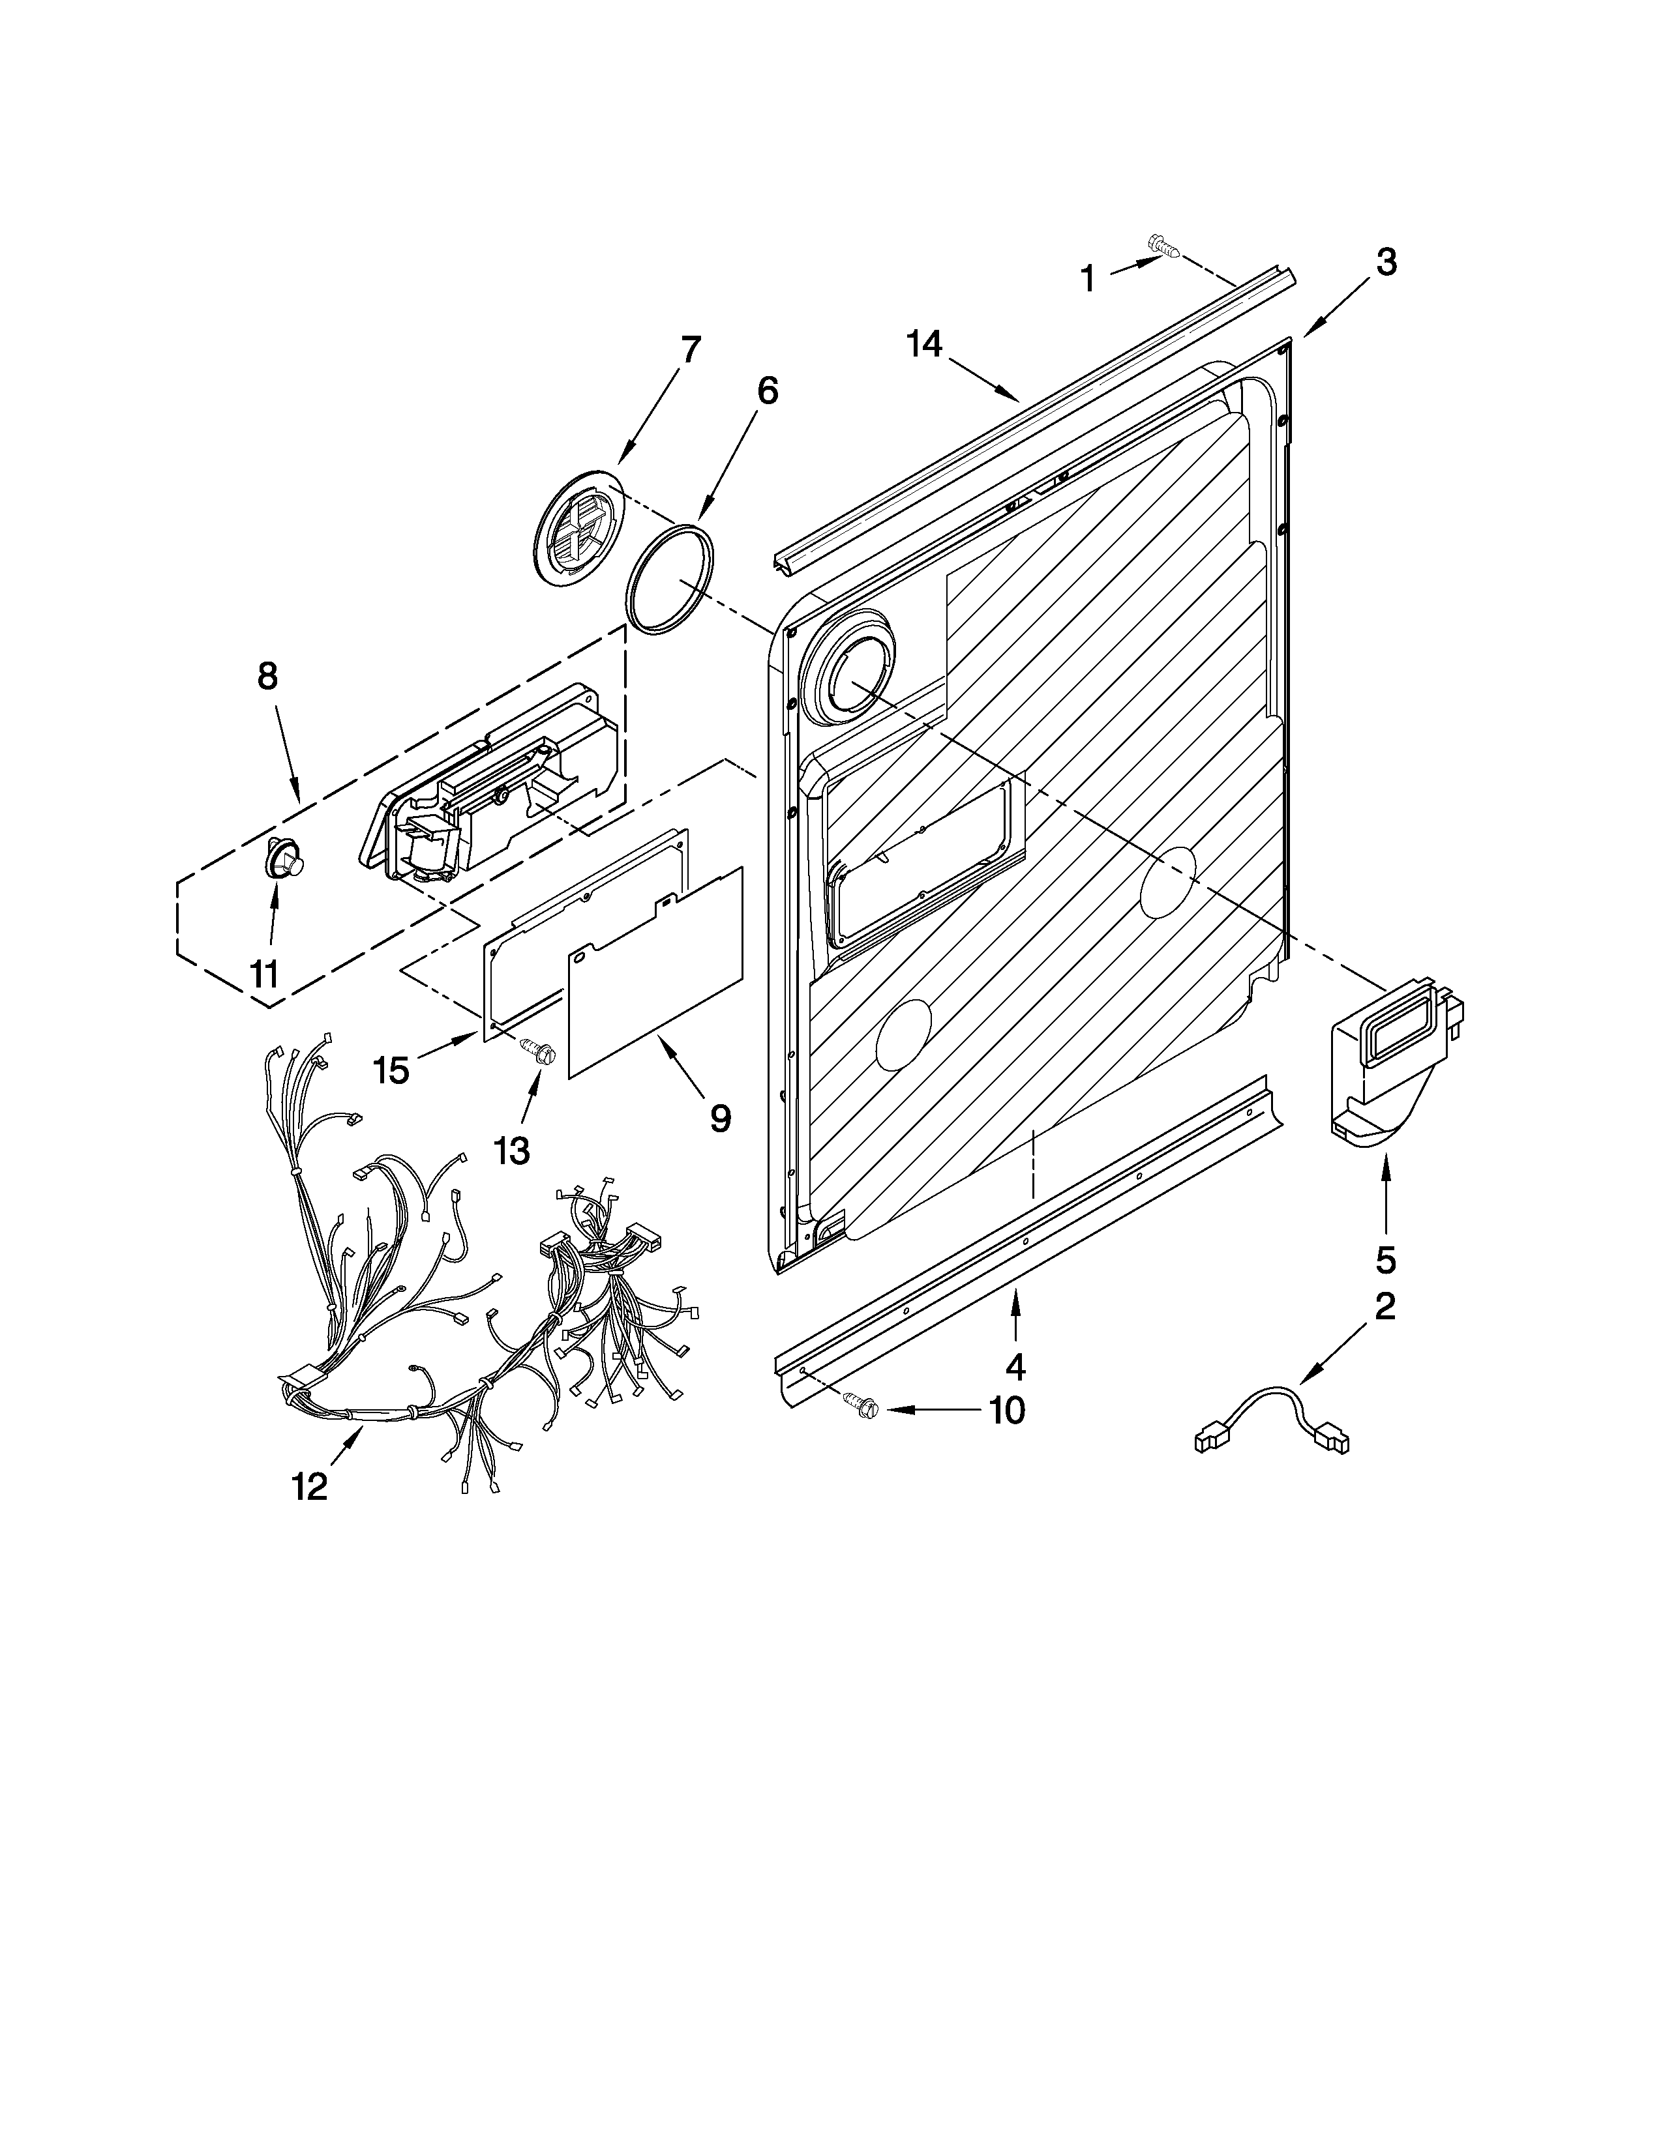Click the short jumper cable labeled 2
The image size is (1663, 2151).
pyautogui.click(x=1271, y=1418)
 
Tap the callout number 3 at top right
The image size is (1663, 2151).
pyautogui.click(x=1385, y=262)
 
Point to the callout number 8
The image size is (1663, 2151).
pyautogui.click(x=267, y=676)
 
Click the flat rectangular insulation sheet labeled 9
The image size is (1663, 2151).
pyautogui.click(x=655, y=970)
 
